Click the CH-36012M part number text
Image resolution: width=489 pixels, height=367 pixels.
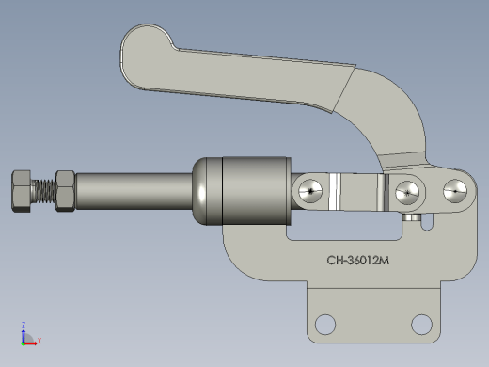[358, 261]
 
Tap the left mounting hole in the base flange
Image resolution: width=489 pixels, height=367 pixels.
[325, 325]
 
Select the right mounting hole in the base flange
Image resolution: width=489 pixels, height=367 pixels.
[421, 325]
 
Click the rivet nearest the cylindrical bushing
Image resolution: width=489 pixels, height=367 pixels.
[310, 191]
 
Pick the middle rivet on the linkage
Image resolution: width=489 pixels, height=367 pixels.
[407, 193]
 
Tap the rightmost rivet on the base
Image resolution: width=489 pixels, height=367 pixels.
[455, 191]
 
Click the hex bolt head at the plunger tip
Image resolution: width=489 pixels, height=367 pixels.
[22, 191]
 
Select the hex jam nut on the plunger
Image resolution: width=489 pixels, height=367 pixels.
[65, 191]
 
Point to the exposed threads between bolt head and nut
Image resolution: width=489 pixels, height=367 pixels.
[44, 191]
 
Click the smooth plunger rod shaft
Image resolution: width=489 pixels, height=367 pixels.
[134, 191]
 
